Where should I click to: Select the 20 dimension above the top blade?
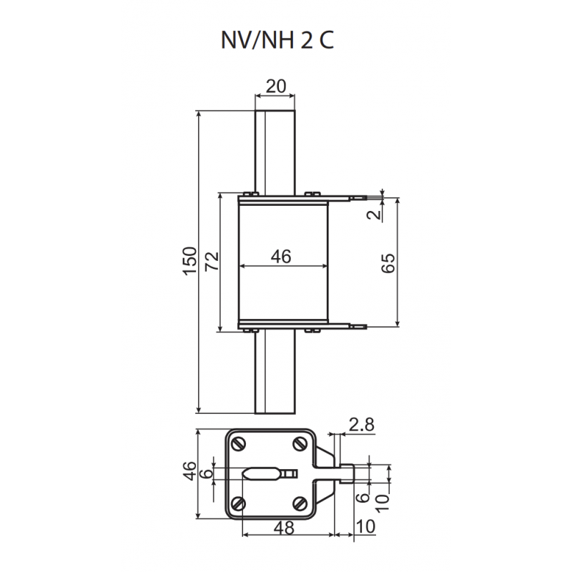pyautogui.click(x=275, y=87)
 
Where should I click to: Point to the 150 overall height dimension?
pyautogui.click(x=188, y=262)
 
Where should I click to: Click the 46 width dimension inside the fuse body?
pyautogui.click(x=281, y=257)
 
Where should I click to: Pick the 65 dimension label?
pyautogui.click(x=388, y=262)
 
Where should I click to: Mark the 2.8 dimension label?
pyautogui.click(x=361, y=425)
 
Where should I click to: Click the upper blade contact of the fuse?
pyautogui.click(x=275, y=150)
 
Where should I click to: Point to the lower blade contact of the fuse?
pyautogui.click(x=275, y=372)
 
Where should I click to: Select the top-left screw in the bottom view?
pyautogui.click(x=239, y=444)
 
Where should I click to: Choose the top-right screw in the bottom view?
pyautogui.click(x=300, y=444)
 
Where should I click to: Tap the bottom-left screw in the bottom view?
pyautogui.click(x=239, y=505)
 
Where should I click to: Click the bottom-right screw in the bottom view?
pyautogui.click(x=300, y=505)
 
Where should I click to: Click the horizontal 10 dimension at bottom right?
pyautogui.click(x=365, y=528)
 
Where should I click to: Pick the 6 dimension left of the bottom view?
pyautogui.click(x=207, y=473)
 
